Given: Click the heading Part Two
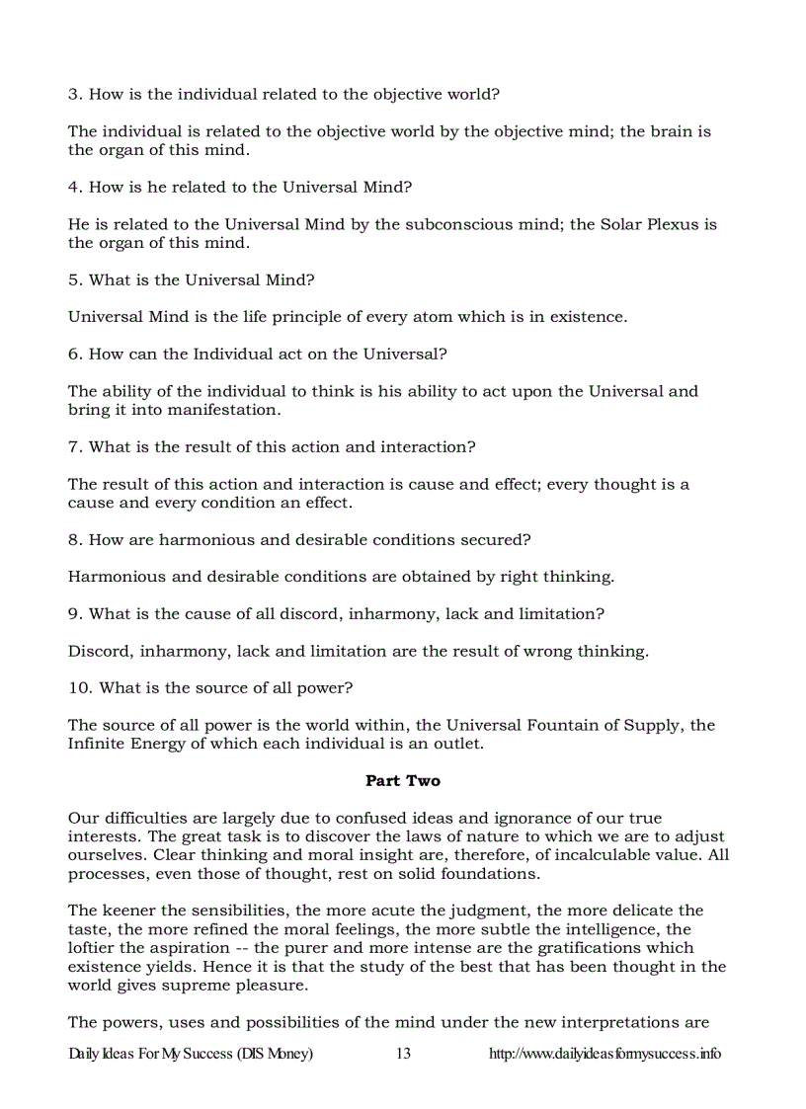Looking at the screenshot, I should tap(403, 781).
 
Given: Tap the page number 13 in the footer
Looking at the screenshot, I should tap(403, 1054).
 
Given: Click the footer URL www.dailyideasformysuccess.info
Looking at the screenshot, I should tap(604, 1054).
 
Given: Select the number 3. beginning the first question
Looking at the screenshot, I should tap(74, 95).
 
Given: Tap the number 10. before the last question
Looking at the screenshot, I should tap(79, 688).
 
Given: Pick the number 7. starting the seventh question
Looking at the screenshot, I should tap(74, 447).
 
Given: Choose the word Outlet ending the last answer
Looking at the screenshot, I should tap(457, 744).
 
